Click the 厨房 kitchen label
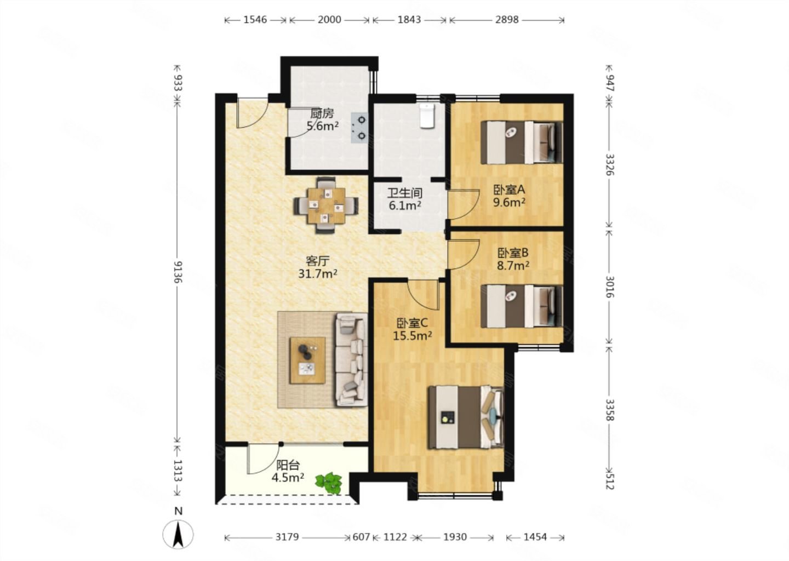coord(322,114)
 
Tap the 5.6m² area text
coord(323,125)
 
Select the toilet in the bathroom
coord(427,115)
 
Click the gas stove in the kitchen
coord(359,128)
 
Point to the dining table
coord(326,205)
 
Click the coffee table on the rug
coord(307,360)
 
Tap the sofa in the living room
coord(351,359)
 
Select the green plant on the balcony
coord(329,483)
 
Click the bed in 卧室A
coord(522,142)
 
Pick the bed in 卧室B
coord(522,306)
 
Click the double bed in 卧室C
coord(466,417)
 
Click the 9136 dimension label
coord(178,272)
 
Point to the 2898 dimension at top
coord(507,20)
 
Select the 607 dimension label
coord(362,537)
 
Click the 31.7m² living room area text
coord(318,273)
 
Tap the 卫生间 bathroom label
coord(405,193)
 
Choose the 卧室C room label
coord(412,323)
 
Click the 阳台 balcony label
coord(288,465)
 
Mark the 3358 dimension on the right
coord(610,410)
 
